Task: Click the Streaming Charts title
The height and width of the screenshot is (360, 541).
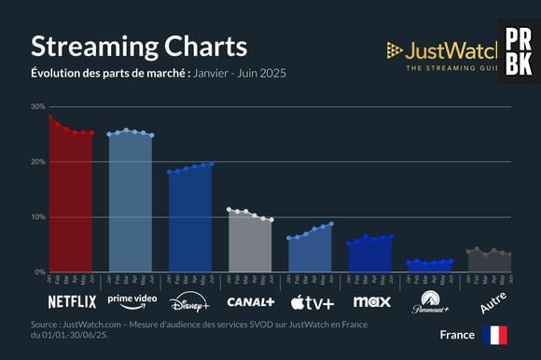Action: coord(139,47)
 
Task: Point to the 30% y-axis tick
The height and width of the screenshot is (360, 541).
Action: coord(37,106)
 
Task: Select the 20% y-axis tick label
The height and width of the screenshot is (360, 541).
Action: coord(37,161)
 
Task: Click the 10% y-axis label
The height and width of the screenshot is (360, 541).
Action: coord(37,217)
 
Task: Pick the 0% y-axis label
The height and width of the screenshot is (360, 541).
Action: coord(39,272)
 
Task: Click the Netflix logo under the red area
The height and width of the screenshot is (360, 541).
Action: coord(72,302)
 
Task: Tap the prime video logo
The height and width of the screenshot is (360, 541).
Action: coord(132,300)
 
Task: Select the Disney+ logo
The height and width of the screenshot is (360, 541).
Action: coord(190,302)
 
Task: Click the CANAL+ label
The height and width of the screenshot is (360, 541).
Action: coord(250,302)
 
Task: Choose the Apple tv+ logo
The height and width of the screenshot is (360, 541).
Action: coord(312,302)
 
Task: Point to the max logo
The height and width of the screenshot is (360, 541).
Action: coord(371,302)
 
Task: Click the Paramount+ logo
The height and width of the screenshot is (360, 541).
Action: coord(430,302)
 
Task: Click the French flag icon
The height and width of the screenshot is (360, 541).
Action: coord(494,335)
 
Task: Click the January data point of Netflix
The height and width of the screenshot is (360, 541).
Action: coord(50,117)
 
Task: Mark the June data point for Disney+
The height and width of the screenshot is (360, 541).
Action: coord(212,163)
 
